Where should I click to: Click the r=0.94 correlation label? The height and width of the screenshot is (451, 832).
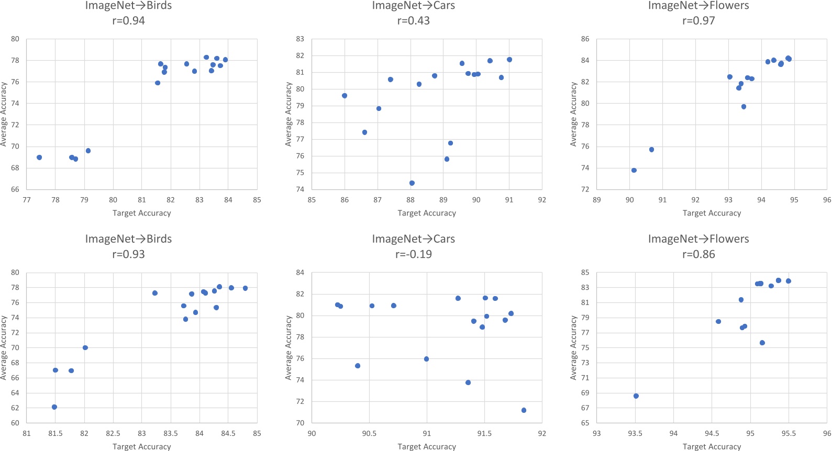pyautogui.click(x=128, y=21)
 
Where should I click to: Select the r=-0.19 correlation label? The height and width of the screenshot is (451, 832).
pyautogui.click(x=413, y=254)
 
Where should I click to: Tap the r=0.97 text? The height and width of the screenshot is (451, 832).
pyautogui.click(x=698, y=21)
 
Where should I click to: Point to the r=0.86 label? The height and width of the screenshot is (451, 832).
pyautogui.click(x=698, y=254)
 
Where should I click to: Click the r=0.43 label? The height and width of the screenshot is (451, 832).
pyautogui.click(x=413, y=21)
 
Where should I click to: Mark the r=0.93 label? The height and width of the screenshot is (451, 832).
pyautogui.click(x=128, y=254)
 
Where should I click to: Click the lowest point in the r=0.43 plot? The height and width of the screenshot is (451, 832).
pyautogui.click(x=412, y=183)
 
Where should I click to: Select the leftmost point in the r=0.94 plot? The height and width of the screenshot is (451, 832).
pyautogui.click(x=39, y=157)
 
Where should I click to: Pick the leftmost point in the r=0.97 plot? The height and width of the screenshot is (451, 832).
pyautogui.click(x=634, y=170)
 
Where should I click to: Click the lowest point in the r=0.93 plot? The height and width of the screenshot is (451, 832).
pyautogui.click(x=54, y=407)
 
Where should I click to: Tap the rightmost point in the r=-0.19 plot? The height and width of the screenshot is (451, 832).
pyautogui.click(x=524, y=410)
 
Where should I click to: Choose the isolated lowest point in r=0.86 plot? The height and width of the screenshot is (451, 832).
pyautogui.click(x=636, y=396)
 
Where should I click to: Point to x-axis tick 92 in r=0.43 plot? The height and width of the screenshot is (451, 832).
pyautogui.click(x=542, y=200)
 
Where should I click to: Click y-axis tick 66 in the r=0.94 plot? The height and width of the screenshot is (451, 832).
pyautogui.click(x=15, y=189)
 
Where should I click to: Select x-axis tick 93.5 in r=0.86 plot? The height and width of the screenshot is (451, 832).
pyautogui.click(x=635, y=433)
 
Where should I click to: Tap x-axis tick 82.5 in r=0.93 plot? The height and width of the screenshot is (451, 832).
pyautogui.click(x=113, y=433)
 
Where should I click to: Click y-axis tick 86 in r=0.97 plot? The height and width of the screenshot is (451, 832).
pyautogui.click(x=585, y=39)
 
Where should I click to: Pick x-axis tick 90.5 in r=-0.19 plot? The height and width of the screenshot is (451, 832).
pyautogui.click(x=369, y=433)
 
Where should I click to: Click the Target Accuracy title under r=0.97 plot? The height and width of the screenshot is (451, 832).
pyautogui.click(x=712, y=213)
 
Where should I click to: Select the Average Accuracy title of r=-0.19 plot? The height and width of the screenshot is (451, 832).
pyautogui.click(x=289, y=347)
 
